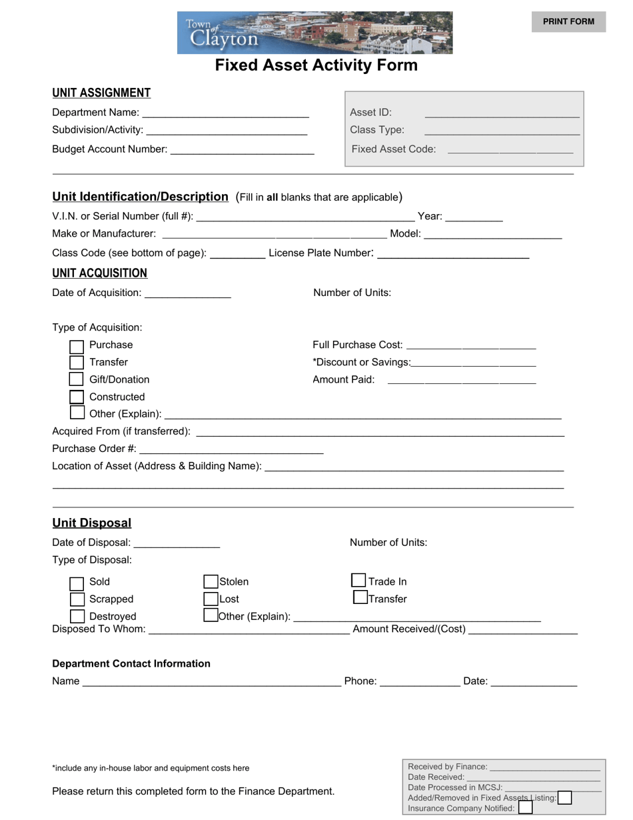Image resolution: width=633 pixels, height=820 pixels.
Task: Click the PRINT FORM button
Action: [x=568, y=21]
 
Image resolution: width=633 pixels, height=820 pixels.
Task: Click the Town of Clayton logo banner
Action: [x=315, y=33]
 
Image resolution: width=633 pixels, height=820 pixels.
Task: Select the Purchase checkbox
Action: [x=77, y=346]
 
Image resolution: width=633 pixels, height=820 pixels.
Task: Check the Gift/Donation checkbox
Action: [x=77, y=379]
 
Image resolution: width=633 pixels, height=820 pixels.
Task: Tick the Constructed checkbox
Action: [x=77, y=397]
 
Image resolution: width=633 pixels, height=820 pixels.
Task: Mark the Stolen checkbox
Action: [x=211, y=582]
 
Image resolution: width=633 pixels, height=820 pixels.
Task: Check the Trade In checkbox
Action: [x=359, y=581]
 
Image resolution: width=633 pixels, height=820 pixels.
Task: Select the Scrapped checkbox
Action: [x=77, y=599]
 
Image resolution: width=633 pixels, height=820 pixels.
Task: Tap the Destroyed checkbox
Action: [x=77, y=617]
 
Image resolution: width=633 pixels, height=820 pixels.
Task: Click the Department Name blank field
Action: [x=225, y=113]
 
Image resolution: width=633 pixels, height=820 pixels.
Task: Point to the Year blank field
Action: [x=474, y=216]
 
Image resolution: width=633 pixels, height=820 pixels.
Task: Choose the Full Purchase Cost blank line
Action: [x=470, y=345]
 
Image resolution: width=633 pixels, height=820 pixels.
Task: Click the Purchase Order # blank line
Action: [x=231, y=449]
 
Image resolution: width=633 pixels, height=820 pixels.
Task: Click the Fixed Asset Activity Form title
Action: [x=316, y=65]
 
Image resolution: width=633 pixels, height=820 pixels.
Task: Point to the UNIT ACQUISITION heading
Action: [x=100, y=273]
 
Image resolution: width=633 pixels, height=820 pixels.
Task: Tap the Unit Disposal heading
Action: [x=92, y=523]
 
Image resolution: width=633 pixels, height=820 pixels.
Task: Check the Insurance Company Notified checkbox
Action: [x=525, y=808]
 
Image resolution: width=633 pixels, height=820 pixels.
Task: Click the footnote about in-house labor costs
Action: [x=151, y=768]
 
